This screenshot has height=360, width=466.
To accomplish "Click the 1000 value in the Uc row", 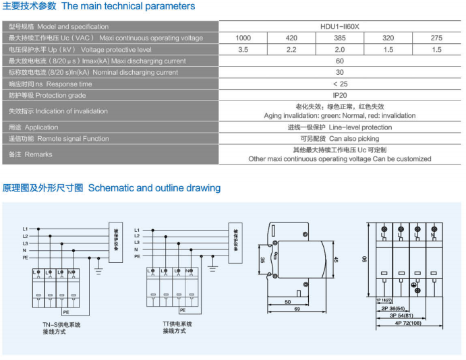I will pos(243,38).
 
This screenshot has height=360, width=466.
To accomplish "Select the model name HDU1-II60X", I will pos(340,27).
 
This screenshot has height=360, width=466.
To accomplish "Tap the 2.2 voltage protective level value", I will pos(291,50).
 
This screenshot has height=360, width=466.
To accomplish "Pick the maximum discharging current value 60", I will pos(340,61).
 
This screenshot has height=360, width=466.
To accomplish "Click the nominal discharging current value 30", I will pos(340,73).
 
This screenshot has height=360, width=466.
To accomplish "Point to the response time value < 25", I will pos(340,84).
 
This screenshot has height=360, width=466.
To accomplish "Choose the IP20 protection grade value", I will pos(340,96).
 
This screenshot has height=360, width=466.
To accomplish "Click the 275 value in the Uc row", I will pos(436,38).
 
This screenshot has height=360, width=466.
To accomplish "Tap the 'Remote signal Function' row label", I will pos(59,139).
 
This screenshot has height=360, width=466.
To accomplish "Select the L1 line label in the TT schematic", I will pos(138,230).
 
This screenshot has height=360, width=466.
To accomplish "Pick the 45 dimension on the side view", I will pos(336,260).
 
